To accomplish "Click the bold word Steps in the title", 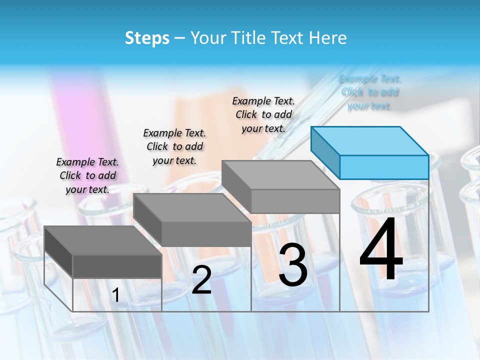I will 147,38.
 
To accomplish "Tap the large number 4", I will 381,249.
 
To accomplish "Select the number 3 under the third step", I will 293,265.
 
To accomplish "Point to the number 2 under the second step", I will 201,280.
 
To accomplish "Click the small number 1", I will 115,295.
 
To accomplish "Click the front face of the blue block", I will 384,167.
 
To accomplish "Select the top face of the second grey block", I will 192,208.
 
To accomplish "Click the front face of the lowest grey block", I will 117,266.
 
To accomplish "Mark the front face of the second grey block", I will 206,234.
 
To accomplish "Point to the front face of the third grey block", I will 295,201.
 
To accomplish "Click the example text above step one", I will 87,175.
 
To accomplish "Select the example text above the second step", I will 174,146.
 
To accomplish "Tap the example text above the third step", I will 263,114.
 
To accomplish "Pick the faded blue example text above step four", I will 370,92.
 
